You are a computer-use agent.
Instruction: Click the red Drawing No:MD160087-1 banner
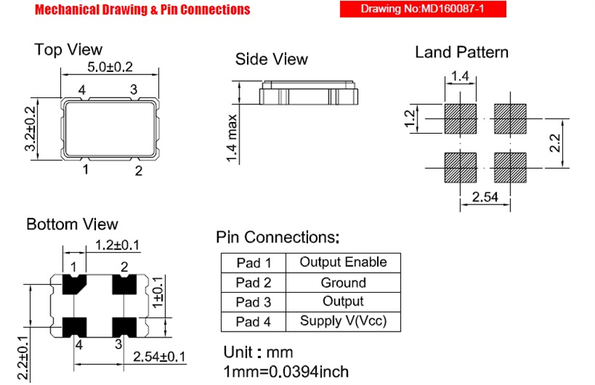[x=422, y=9]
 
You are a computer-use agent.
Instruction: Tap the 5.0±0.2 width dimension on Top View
[x=110, y=67]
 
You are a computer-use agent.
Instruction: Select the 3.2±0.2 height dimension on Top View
[x=30, y=129]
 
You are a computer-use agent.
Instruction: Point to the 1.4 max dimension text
[x=232, y=138]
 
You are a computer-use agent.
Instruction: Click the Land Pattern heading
[x=461, y=52]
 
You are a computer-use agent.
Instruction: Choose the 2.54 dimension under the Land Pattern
[x=485, y=197]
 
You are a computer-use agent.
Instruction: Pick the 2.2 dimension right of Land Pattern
[x=555, y=143]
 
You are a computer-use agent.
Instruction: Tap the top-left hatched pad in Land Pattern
[x=460, y=119]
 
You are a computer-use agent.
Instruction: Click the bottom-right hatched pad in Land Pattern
[x=510, y=168]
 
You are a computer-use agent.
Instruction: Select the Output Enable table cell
[x=343, y=262]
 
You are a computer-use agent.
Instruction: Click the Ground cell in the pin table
[x=343, y=282]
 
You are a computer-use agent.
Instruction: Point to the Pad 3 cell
[x=254, y=302]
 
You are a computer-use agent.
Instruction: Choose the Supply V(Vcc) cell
[x=343, y=321]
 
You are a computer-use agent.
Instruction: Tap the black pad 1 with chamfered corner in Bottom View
[x=74, y=284]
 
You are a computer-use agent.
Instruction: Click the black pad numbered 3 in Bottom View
[x=124, y=327]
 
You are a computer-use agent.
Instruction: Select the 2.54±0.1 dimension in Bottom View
[x=159, y=357]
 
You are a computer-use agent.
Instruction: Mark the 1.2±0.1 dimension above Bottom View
[x=118, y=245]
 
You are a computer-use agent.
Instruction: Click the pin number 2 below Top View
[x=138, y=171]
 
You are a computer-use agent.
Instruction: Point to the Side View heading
[x=271, y=59]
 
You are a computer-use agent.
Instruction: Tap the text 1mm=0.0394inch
[x=286, y=372]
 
